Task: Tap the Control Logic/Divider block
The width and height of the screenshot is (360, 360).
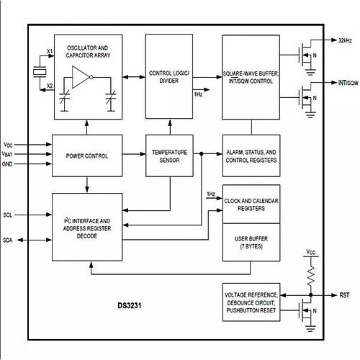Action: pos(169,76)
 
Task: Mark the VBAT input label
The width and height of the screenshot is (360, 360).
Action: pos(7,154)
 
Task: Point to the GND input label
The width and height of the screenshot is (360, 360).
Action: pos(7,164)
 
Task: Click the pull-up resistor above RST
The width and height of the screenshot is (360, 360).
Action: pos(310,271)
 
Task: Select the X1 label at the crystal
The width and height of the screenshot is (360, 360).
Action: pos(49,50)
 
